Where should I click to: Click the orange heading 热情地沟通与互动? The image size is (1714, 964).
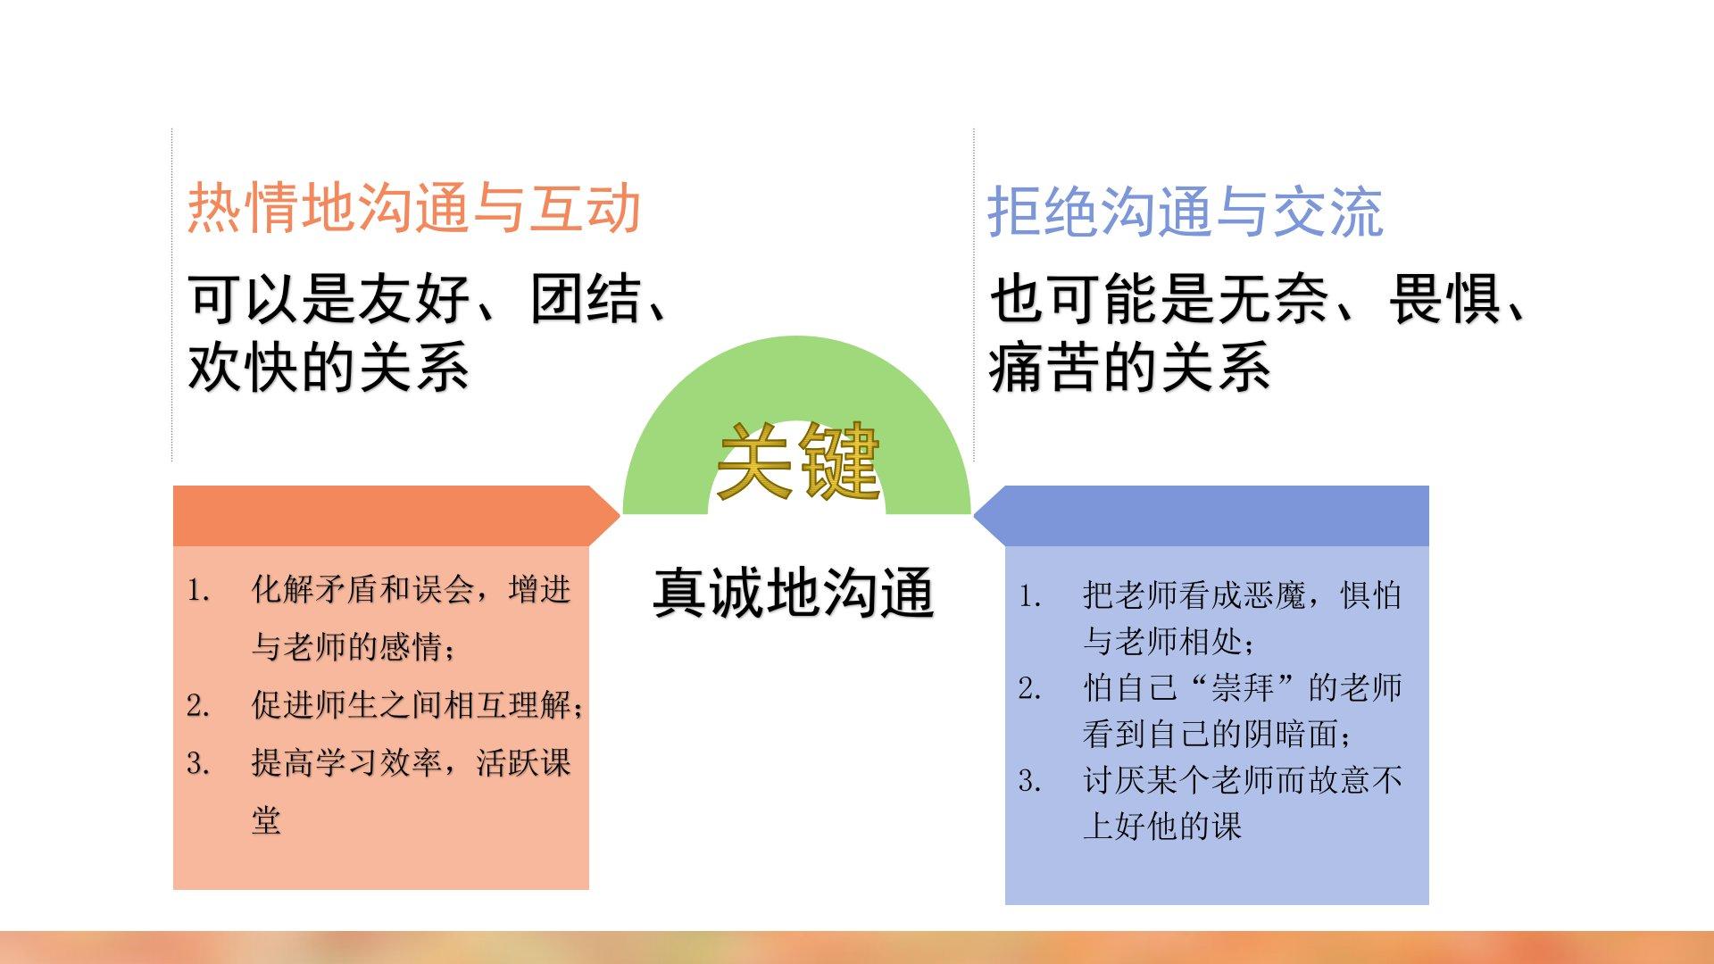tap(414, 208)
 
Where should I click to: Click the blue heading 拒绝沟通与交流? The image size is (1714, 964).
tap(1186, 212)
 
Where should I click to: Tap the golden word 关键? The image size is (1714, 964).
tap(798, 461)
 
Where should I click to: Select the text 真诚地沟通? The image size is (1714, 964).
tap(794, 593)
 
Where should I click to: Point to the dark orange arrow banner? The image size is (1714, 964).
tap(395, 516)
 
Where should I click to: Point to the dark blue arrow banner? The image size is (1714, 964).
tap(1201, 516)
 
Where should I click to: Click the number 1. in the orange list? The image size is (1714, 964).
tap(198, 590)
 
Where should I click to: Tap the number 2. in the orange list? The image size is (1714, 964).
tap(198, 706)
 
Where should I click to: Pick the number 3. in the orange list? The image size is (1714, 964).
tap(198, 763)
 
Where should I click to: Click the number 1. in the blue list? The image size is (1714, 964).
tap(1030, 596)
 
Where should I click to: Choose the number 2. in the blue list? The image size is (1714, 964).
tap(1030, 688)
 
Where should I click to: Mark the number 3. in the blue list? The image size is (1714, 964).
tap(1030, 781)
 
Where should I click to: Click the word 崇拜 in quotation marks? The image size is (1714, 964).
tap(1242, 688)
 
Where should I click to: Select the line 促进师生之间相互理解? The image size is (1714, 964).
tap(412, 705)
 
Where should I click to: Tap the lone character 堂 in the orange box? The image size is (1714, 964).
tap(266, 820)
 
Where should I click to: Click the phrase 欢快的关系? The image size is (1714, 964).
tap(329, 367)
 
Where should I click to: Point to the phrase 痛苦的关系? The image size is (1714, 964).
tap(1129, 367)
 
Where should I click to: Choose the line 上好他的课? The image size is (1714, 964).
tap(1162, 826)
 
